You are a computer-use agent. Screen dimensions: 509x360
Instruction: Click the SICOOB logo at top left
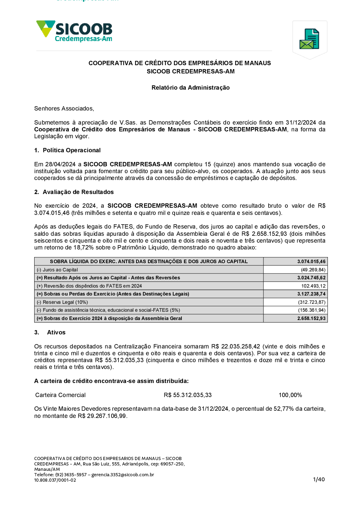[75, 31]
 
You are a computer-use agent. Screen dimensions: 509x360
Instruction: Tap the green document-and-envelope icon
[309, 39]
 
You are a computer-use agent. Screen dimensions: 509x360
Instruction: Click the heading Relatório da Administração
[190, 87]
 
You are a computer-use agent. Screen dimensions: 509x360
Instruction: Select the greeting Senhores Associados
[64, 108]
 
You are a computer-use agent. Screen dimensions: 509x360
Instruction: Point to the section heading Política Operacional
[72, 150]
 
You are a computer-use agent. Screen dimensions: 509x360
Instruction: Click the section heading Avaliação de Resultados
[78, 192]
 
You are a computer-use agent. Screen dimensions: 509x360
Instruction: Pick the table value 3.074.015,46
[311, 262]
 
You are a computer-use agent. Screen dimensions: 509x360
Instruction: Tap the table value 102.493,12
[313, 286]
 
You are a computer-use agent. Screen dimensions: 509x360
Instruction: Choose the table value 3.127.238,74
[311, 294]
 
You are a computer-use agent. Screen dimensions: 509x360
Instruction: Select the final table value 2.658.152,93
[311, 318]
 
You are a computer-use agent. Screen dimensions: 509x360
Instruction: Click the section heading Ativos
[56, 332]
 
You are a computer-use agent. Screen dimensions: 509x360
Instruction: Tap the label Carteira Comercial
[60, 395]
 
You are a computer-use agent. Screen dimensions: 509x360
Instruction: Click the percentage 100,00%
[290, 395]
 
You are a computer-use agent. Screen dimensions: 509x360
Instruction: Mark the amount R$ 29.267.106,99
[102, 416]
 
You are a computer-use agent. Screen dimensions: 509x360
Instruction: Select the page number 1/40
[319, 479]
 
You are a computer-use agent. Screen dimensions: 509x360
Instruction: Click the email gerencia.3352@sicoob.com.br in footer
[123, 474]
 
